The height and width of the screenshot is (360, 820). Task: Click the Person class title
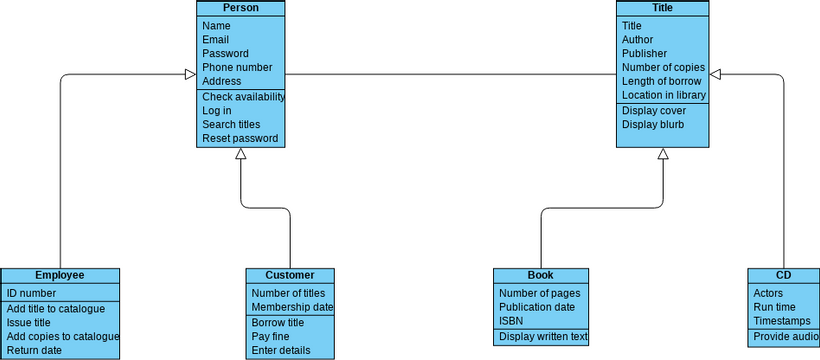point(240,8)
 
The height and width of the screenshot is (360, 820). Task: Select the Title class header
point(662,8)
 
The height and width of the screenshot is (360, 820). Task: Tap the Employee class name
point(60,275)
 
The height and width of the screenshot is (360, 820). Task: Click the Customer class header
point(290,275)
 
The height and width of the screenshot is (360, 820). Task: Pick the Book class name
point(540,275)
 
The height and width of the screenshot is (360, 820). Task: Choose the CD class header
point(783,275)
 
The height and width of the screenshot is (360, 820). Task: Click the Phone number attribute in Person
point(237,68)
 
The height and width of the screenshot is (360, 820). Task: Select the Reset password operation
point(240,138)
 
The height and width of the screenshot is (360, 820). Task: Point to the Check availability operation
point(243,97)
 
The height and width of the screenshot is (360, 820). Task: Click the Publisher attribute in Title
point(644,54)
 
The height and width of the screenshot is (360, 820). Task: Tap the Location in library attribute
point(663,95)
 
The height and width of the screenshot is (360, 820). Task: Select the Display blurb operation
point(652,125)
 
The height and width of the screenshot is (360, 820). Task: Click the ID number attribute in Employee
point(31,293)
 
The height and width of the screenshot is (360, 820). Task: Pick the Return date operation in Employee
point(34,351)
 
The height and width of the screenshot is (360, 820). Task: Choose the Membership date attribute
point(291,307)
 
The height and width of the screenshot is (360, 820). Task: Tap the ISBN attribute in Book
point(510,321)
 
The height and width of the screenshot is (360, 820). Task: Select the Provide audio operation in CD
point(785,337)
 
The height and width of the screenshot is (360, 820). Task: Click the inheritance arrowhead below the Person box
point(240,154)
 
